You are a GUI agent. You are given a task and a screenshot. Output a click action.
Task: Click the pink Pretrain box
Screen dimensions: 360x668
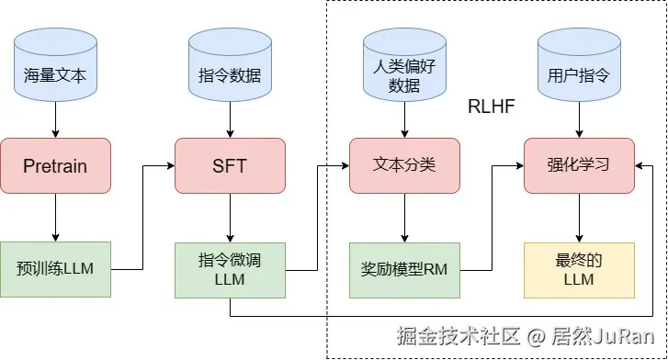point(55,166)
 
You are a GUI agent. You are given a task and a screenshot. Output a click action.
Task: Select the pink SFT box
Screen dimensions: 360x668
point(230,166)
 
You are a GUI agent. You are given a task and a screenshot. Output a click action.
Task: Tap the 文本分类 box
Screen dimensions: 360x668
point(404,166)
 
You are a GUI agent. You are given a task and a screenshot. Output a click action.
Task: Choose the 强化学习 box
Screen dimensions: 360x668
point(579,166)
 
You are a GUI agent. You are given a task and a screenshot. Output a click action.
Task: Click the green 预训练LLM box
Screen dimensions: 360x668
point(55,269)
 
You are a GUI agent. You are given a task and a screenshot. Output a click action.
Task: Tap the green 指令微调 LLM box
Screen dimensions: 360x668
point(230,269)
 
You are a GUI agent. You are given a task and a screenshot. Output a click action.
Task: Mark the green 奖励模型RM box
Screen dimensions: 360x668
point(404,269)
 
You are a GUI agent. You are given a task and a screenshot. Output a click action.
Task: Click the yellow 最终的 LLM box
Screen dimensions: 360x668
point(579,269)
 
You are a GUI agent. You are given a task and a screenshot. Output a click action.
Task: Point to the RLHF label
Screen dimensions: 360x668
point(491,107)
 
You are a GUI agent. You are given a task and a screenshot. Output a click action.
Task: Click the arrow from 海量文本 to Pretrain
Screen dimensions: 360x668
point(55,119)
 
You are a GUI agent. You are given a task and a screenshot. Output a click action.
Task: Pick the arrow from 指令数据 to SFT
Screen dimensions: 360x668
point(230,119)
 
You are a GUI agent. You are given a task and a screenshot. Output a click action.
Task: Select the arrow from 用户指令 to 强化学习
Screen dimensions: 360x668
point(579,119)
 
